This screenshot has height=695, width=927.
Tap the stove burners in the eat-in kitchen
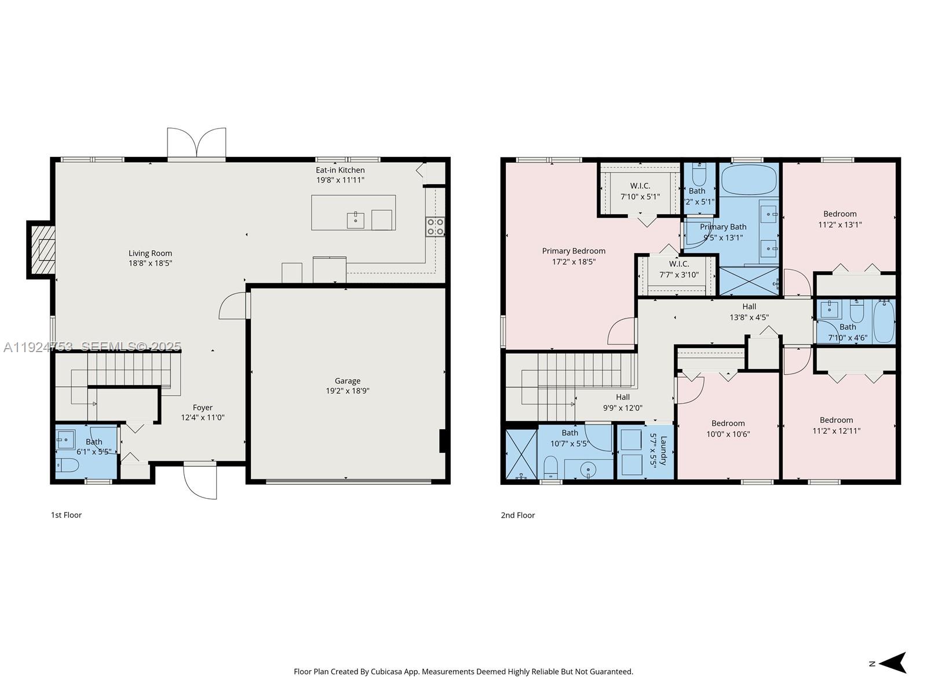coord(435,226)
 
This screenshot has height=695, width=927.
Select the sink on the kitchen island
coord(355,220)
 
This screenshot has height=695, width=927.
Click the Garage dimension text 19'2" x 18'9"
coord(347,391)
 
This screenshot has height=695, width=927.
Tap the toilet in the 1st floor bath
coord(67,464)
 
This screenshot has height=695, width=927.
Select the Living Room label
coord(150,253)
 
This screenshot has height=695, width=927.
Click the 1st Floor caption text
coord(66,515)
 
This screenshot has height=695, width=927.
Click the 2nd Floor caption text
coord(517,515)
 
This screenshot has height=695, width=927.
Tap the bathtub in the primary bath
coord(749,180)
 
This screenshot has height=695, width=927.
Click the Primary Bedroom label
coord(574,251)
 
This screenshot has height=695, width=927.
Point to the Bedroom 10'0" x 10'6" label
coord(728,429)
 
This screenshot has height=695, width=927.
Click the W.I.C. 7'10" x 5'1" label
coord(640,191)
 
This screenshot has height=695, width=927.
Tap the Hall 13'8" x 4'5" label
coord(749,312)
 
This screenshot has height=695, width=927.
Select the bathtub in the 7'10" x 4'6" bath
coord(884,321)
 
